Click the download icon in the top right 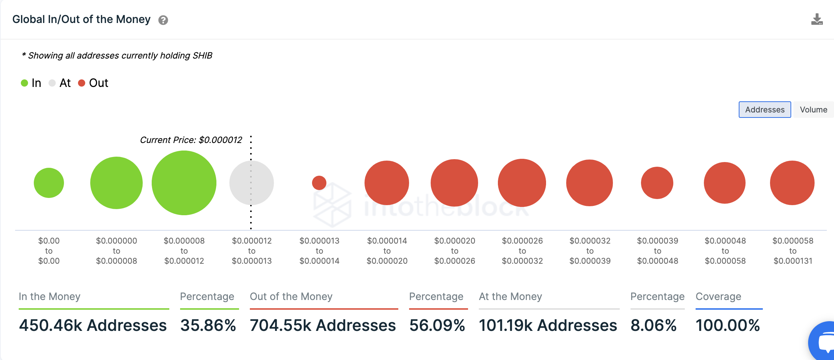click(x=817, y=19)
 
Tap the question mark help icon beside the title click(x=163, y=20)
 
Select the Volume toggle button click(x=814, y=110)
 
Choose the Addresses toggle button click(x=765, y=110)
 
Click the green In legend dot click(x=24, y=83)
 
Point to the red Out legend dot click(x=82, y=83)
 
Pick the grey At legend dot click(x=52, y=83)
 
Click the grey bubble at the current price click(x=252, y=183)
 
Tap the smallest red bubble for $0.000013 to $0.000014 click(x=319, y=183)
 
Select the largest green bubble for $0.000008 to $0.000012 click(x=184, y=183)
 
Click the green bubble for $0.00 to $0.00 click(x=49, y=183)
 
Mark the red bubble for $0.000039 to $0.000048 click(x=657, y=183)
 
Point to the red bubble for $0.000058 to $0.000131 click(x=792, y=183)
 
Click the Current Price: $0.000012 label click(x=191, y=140)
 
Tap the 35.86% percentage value click(x=208, y=326)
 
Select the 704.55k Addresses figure click(x=323, y=326)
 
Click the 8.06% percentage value click(x=654, y=326)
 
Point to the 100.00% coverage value click(x=728, y=326)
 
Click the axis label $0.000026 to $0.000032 click(x=522, y=251)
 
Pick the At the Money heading click(x=510, y=296)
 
